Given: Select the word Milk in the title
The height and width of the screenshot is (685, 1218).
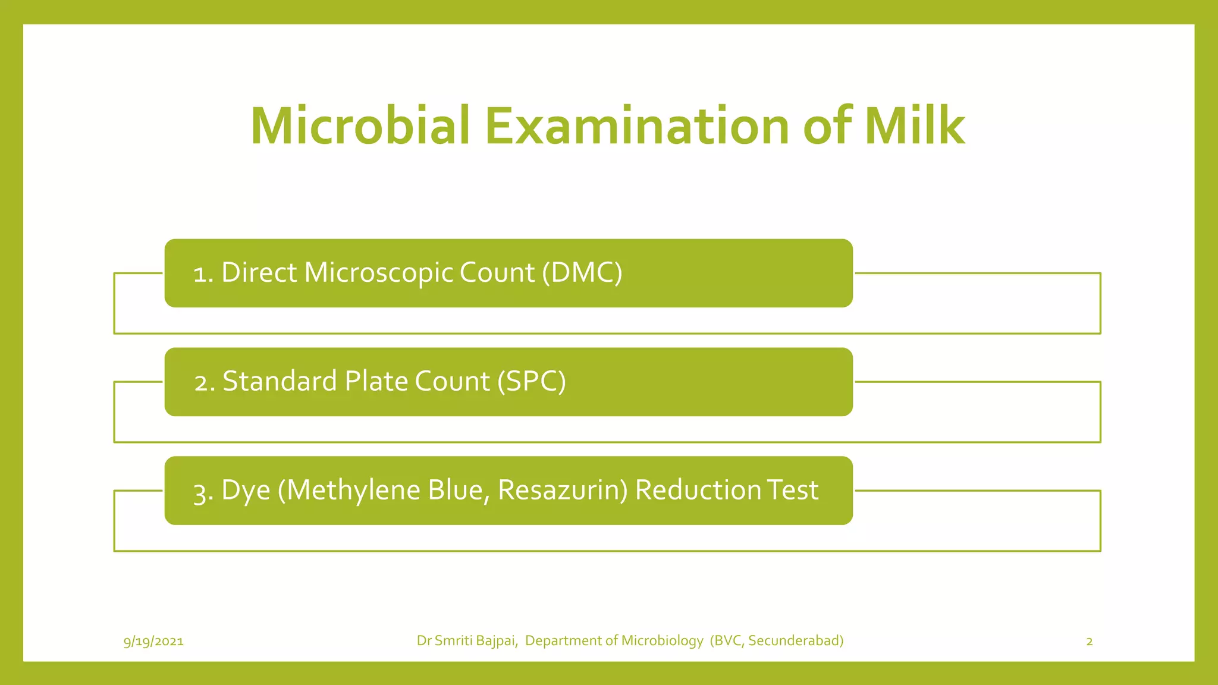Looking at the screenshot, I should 914,126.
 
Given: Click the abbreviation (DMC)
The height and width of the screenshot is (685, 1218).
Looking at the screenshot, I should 582,273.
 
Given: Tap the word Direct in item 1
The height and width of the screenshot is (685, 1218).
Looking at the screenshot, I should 259,273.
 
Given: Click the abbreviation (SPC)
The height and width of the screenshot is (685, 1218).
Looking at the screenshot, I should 531,381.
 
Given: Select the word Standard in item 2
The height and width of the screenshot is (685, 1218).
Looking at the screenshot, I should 280,381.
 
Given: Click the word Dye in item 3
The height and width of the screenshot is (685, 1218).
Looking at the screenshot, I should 246,491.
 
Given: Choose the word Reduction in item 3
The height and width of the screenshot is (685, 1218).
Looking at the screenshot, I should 698,490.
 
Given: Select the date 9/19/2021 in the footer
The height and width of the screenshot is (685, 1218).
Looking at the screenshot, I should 153,641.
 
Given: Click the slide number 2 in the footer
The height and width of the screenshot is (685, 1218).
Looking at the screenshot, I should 1090,641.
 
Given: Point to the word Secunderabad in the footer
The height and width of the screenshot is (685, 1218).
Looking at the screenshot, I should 795,640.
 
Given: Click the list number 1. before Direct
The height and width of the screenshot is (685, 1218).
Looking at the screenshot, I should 203,274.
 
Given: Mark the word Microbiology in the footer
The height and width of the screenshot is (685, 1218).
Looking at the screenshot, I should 662,641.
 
